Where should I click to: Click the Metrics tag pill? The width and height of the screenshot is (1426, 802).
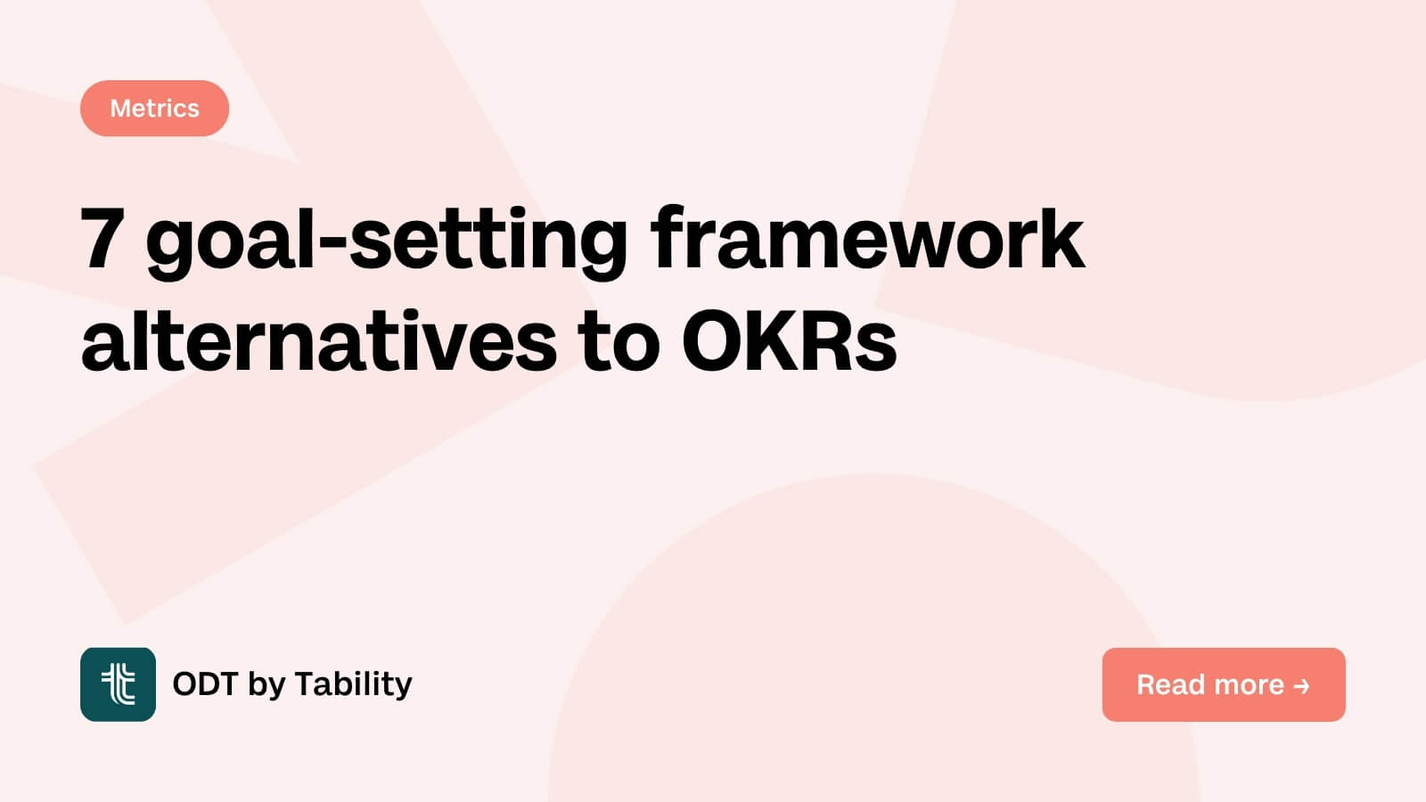point(154,108)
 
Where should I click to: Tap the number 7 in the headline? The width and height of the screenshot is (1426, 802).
point(101,238)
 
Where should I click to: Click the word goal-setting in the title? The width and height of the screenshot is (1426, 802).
point(387,241)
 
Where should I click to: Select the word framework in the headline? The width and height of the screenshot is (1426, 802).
point(867,238)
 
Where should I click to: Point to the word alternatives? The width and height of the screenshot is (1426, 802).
point(318,342)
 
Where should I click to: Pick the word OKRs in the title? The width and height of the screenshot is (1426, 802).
point(789,342)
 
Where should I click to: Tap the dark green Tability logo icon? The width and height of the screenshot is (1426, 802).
point(118,684)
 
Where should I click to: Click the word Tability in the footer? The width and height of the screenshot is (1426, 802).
point(353,684)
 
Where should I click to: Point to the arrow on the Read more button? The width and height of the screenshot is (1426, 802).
point(1301,685)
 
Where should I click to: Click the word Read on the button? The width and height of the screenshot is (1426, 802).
point(1169,684)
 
